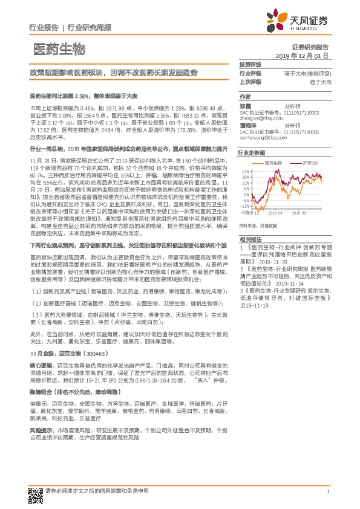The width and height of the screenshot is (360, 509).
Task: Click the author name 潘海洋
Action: pos(247,124)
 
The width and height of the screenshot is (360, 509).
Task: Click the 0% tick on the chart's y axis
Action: pos(247,190)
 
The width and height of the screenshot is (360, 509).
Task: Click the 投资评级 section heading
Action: pos(250,63)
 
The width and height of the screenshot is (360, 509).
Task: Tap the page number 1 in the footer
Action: pos(327,491)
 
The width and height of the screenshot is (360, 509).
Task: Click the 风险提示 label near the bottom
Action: pos(40,446)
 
